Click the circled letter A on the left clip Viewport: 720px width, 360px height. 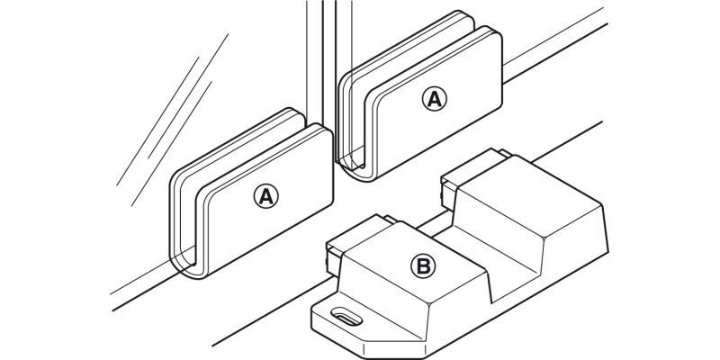pyautogui.click(x=265, y=196)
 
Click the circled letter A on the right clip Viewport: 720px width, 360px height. pyautogui.click(x=434, y=99)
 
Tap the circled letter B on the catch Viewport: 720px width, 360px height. pyautogui.click(x=422, y=265)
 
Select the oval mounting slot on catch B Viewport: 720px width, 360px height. pyautogui.click(x=346, y=318)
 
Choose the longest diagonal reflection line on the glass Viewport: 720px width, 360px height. pyautogui.click(x=172, y=109)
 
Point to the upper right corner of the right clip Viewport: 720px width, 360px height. pyautogui.click(x=499, y=38)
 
